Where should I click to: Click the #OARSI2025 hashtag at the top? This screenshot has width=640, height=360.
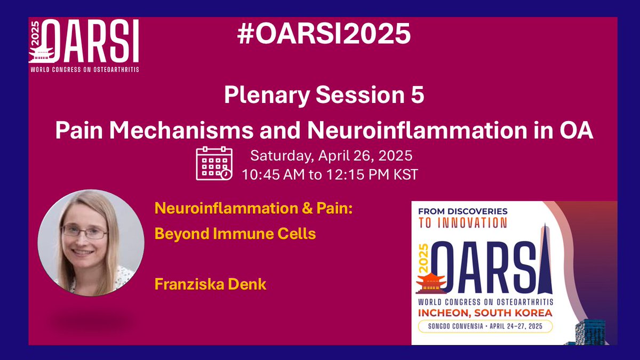[x=324, y=35]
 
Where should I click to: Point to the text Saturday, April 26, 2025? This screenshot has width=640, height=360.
[x=331, y=157]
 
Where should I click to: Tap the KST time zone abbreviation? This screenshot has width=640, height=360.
[x=406, y=174]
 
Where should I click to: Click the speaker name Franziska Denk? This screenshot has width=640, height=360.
[x=210, y=284]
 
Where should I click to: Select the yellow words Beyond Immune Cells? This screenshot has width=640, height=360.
[x=235, y=234]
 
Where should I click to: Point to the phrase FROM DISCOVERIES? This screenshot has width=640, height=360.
[x=463, y=211]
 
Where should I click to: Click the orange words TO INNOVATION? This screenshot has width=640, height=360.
[x=463, y=223]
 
